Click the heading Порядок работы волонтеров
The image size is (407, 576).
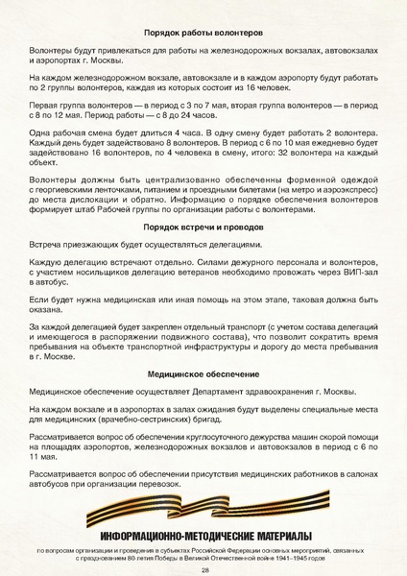click(x=203, y=33)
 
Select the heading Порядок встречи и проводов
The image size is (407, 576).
click(x=203, y=230)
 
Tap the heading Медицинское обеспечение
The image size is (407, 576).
click(x=203, y=372)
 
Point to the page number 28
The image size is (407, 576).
click(x=204, y=568)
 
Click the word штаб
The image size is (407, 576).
click(x=98, y=206)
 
